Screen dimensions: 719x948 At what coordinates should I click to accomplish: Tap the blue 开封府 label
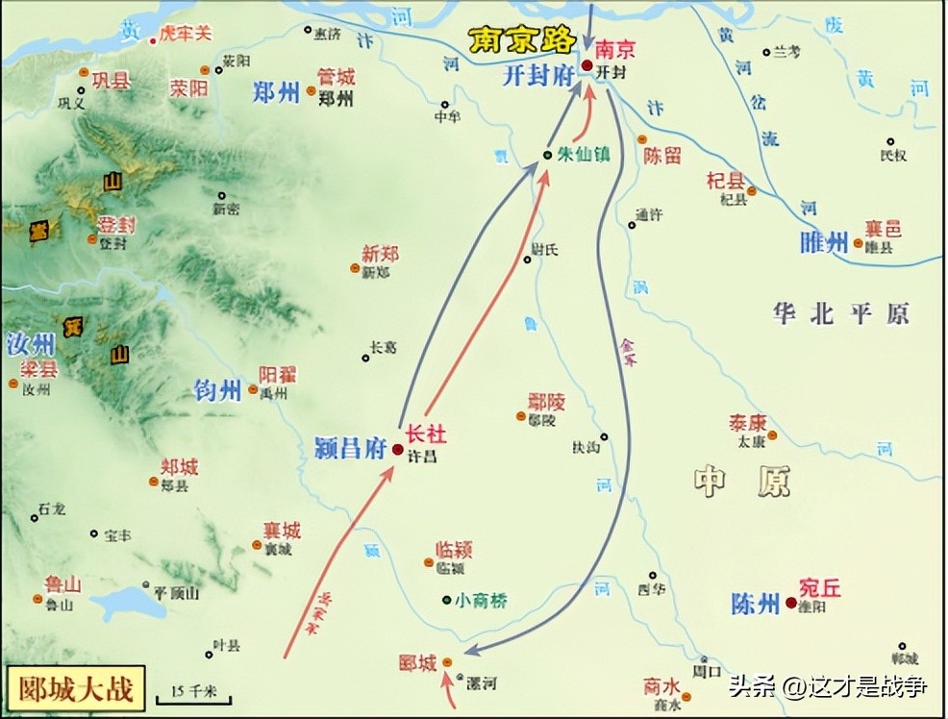(536, 77)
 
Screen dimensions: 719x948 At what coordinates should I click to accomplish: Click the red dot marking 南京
(586, 64)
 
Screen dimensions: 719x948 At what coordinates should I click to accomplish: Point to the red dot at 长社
(398, 449)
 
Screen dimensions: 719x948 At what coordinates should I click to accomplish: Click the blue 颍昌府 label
(350, 447)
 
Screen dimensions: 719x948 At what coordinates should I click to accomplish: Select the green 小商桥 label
(481, 601)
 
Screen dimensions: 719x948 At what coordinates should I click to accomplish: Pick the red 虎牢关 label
(185, 34)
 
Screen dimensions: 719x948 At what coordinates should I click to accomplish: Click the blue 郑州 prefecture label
(276, 92)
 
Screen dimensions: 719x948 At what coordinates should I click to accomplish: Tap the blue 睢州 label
(824, 242)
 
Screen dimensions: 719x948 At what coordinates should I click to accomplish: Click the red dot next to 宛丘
(790, 603)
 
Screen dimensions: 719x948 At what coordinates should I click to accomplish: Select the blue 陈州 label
(755, 604)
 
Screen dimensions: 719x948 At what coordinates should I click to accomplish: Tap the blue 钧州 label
(217, 390)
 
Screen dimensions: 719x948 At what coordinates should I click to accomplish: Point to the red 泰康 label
(747, 423)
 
